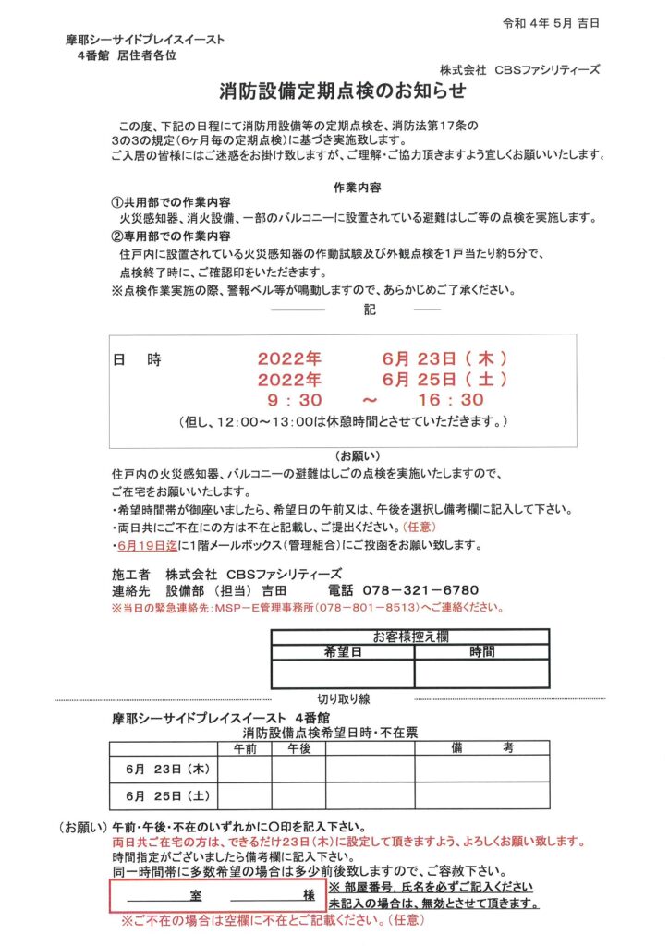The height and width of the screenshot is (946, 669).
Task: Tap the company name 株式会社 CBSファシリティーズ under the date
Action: click(x=520, y=68)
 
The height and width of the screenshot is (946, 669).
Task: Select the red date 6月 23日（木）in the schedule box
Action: click(x=444, y=358)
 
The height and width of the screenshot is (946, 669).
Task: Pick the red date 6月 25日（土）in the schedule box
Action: click(x=444, y=379)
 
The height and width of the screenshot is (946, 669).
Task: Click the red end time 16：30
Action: click(x=451, y=400)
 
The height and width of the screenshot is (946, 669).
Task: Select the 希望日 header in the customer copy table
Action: click(x=343, y=650)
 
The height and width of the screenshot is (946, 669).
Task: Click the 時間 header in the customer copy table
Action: click(x=481, y=650)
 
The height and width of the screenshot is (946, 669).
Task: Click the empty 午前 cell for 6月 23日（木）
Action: click(x=245, y=769)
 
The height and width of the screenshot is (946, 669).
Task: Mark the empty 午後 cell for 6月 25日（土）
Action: click(x=298, y=794)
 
